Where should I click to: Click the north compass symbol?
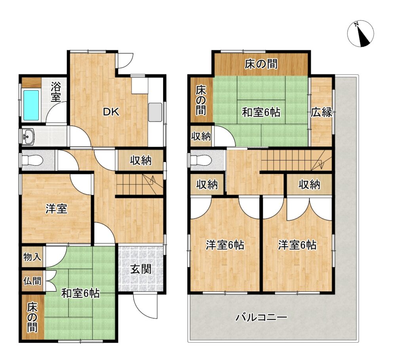pos(360,34)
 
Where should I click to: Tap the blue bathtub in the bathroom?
pos(31,105)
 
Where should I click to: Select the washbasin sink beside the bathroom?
pos(28,137)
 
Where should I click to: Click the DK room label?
pos(111,112)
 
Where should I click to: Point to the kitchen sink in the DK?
pos(155,113)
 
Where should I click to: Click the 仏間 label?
pos(32,281)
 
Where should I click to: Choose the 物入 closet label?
pos(32,257)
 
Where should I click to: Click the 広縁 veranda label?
pos(321,112)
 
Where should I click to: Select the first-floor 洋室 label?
pos(56,209)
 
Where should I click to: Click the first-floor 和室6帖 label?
pos(80,293)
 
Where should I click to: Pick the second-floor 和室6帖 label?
pos(261,112)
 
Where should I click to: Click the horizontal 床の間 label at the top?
pos(261,64)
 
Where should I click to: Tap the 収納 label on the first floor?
pos(141,160)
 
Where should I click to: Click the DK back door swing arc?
pos(126,61)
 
